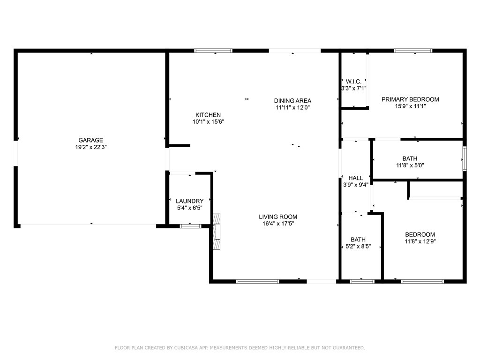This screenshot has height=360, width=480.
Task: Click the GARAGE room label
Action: pos(90,140)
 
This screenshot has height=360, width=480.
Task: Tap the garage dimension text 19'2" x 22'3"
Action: pos(90,147)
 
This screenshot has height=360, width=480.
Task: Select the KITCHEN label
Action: pos(208,115)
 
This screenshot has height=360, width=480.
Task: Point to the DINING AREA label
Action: pos(292,100)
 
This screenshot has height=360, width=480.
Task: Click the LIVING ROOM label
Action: pos(278,217)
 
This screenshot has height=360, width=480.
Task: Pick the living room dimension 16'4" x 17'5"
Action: pos(278,224)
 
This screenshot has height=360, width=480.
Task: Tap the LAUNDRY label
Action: pos(189,201)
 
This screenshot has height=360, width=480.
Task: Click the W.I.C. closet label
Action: pos(353,81)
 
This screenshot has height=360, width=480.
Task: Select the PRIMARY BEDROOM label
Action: pos(410,99)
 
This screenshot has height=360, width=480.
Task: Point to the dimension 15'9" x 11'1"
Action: pos(410,106)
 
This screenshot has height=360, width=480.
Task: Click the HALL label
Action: pos(355,178)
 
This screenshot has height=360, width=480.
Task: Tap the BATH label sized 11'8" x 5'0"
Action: pos(409,158)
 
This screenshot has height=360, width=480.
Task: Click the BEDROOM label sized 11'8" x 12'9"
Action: pos(420,234)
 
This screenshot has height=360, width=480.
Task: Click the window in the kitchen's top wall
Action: pos(213,51)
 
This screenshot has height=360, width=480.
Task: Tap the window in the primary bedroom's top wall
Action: pos(412,51)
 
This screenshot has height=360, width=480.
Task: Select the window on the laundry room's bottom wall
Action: pos(190,226)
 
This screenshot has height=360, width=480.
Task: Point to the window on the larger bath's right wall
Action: pos(465,159)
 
